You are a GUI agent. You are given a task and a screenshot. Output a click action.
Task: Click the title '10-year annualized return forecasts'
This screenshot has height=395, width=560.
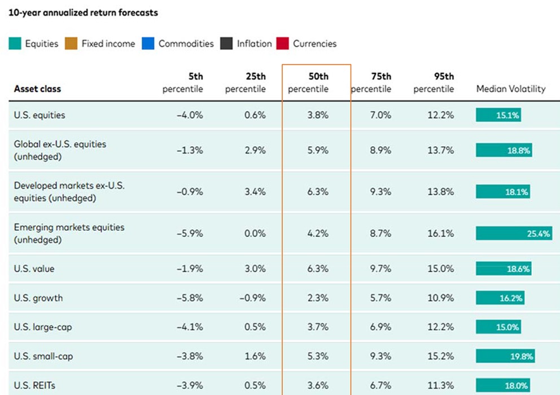click(83, 13)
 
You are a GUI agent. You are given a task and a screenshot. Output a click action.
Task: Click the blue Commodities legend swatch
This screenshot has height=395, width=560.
click(148, 43)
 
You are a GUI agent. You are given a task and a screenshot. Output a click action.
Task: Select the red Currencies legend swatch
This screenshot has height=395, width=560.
click(282, 43)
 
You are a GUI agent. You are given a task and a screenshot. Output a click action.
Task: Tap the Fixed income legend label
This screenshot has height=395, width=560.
click(108, 43)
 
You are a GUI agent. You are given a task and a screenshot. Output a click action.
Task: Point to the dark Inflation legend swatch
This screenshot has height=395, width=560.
click(226, 43)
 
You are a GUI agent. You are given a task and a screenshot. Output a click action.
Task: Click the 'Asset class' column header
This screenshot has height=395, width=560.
click(37, 89)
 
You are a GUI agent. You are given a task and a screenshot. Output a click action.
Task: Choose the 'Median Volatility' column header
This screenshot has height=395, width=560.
click(511, 89)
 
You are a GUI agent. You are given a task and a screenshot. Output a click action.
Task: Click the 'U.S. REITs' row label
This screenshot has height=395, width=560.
click(34, 386)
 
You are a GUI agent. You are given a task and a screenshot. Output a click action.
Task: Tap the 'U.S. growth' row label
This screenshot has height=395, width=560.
click(38, 298)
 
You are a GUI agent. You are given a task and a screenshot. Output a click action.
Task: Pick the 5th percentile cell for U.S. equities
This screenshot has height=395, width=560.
click(190, 115)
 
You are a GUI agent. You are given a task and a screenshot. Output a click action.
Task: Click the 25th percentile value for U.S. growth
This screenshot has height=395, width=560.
click(252, 298)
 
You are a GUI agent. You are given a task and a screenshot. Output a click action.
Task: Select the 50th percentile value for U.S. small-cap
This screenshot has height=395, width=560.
click(318, 357)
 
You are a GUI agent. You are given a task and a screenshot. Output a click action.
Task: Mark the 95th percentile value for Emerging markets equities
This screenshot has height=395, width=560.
click(441, 234)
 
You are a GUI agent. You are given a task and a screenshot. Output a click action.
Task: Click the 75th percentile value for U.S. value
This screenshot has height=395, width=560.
click(380, 269)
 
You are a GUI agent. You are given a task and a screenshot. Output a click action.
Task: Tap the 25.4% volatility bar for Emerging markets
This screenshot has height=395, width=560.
click(514, 234)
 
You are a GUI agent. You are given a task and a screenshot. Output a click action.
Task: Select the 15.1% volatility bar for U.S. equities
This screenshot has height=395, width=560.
click(498, 115)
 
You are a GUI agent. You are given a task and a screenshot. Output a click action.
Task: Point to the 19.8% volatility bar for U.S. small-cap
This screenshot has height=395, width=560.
click(505, 356)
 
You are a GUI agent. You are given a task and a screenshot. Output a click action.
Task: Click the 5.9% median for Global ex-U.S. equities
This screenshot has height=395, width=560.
click(318, 150)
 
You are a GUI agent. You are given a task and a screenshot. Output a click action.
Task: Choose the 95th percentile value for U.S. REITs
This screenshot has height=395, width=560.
click(441, 386)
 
